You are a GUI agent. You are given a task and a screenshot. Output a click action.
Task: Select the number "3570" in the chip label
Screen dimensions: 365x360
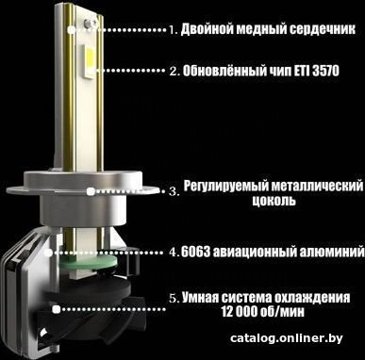pyautogui.click(x=326, y=71)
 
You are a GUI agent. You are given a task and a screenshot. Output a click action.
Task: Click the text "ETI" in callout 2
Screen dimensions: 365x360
pyautogui.click(x=302, y=71)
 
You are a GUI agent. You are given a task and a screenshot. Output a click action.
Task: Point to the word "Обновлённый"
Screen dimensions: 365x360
pyautogui.click(x=224, y=71)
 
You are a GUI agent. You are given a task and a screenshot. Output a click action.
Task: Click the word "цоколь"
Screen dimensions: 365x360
pyautogui.click(x=274, y=201)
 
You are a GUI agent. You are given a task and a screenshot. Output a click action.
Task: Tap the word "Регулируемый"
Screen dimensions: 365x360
pyautogui.click(x=225, y=186)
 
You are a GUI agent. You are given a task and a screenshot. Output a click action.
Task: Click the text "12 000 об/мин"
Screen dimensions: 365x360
pyautogui.click(x=263, y=312)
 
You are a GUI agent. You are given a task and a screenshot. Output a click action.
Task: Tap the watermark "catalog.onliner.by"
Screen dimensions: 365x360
pyautogui.click(x=287, y=338)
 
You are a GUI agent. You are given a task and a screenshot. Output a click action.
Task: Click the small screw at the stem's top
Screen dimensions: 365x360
pyautogui.click(x=88, y=22)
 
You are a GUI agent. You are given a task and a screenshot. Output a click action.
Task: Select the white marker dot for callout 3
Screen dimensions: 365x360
pyautogui.click(x=91, y=191)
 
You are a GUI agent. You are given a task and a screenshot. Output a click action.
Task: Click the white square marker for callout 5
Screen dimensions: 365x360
pyautogui.click(x=57, y=309)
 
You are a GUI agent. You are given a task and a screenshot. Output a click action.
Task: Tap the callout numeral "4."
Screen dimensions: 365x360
pyautogui.click(x=174, y=253)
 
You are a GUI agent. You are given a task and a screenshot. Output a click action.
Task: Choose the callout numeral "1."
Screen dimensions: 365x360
pyautogui.click(x=174, y=30)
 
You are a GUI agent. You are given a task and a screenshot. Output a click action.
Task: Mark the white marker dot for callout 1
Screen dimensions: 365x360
pyautogui.click(x=72, y=30)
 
